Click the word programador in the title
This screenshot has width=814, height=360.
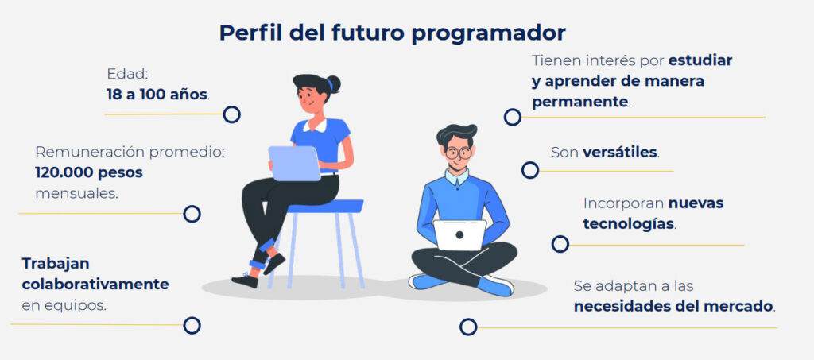point(487,33)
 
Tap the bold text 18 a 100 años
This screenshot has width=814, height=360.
point(157,95)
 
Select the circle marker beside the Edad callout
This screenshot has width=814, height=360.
point(231,114)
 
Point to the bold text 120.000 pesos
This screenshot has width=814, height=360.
point(89,173)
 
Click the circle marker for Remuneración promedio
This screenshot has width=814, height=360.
point(192,214)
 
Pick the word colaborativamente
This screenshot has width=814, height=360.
point(95,285)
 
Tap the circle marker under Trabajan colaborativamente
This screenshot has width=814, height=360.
point(192,325)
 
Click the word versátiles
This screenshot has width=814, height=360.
point(620,153)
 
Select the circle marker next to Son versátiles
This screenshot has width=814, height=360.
point(530,170)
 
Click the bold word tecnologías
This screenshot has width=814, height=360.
point(628,224)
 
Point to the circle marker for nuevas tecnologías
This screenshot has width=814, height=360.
point(560,244)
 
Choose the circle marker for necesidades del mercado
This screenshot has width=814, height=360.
point(468,327)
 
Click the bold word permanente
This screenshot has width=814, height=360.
point(579,103)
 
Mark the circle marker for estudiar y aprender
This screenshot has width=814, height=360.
point(513,118)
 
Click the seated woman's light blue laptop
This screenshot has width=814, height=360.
point(294,163)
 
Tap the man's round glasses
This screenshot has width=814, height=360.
point(458,153)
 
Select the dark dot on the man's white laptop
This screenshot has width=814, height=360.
point(459,234)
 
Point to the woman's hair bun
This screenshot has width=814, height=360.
point(333,83)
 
